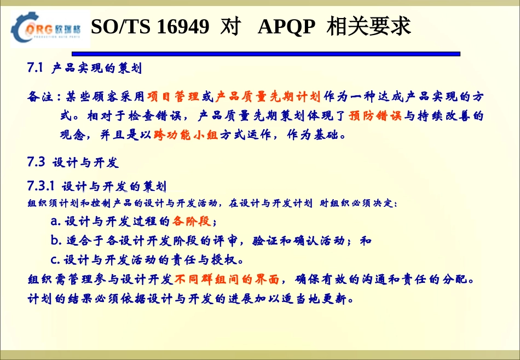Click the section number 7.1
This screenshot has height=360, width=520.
pyautogui.click(x=35, y=68)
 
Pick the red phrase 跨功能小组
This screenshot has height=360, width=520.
pyautogui.click(x=186, y=135)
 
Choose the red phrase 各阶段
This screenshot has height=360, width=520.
pyautogui.click(x=191, y=222)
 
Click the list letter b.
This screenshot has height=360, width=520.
pyautogui.click(x=55, y=241)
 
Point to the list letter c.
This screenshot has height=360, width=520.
pyautogui.click(x=55, y=259)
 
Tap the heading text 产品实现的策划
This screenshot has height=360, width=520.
pyautogui.click(x=97, y=69)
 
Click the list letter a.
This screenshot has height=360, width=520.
pyautogui.click(x=55, y=222)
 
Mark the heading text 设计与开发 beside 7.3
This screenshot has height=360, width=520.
pyautogui.click(x=85, y=163)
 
